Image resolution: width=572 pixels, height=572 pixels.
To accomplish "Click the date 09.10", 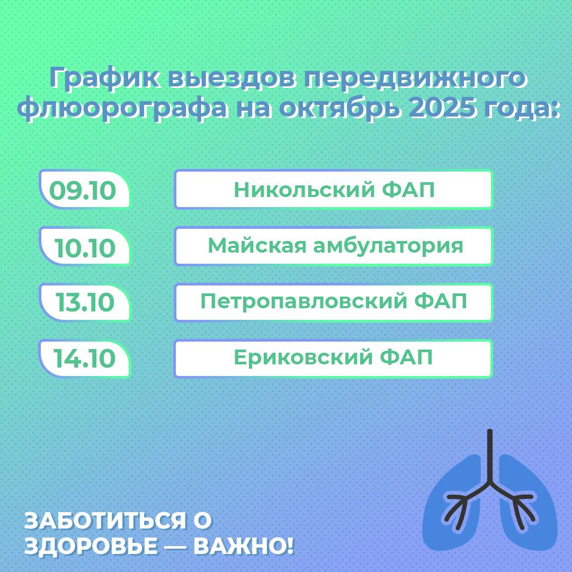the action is point(83,191).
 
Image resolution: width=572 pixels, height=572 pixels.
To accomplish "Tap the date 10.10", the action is point(85,248).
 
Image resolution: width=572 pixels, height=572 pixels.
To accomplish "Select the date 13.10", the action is point(85,302).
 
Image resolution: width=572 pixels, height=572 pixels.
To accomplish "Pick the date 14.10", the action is point(84,358).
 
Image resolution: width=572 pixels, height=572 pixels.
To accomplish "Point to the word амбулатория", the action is point(388,246).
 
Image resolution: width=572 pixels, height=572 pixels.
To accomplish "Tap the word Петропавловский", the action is point(303,302).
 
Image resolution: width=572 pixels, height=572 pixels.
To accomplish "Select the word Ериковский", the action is point(302,357).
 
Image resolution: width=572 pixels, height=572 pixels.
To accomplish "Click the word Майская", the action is point(257,246).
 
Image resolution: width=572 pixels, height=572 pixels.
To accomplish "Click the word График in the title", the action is point(104,78).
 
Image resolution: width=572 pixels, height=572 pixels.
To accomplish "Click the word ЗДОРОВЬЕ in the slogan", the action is point(91,546).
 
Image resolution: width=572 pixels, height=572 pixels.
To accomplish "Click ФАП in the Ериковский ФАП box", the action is point(406,357).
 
